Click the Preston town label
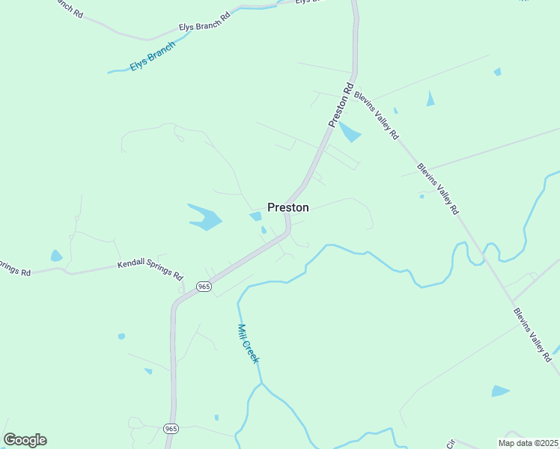288,207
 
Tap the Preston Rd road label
340,106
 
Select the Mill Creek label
248,343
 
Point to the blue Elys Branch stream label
153,56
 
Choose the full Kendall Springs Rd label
150,269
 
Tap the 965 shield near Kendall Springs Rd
204,287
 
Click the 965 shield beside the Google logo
171,428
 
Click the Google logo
25,440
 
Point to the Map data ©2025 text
527,442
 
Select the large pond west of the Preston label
204,216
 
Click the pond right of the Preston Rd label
349,132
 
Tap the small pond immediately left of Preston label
256,216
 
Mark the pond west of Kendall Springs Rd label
56,256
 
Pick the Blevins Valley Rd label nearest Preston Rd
376,114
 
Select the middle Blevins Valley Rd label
438,189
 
